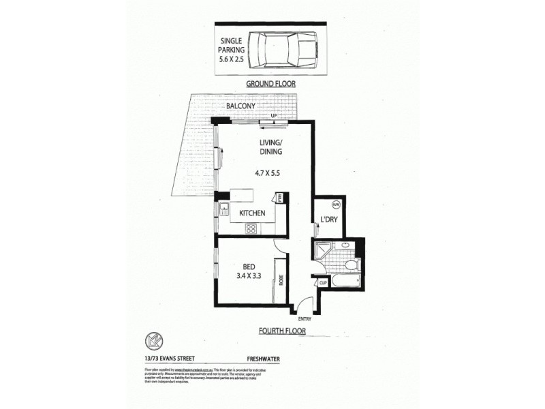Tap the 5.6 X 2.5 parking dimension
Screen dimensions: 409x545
pyautogui.click(x=232, y=59)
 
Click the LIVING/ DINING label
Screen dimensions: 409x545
pyautogui.click(x=270, y=147)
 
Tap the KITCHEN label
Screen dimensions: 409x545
pyautogui.click(x=251, y=213)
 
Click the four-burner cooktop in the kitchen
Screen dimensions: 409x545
pyautogui.click(x=251, y=228)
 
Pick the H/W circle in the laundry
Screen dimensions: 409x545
pyautogui.click(x=335, y=204)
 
